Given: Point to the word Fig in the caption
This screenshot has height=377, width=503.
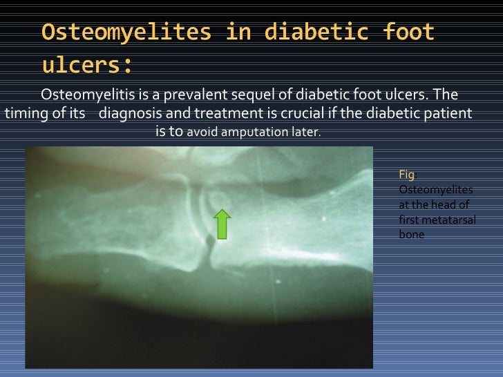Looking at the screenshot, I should tap(406, 175).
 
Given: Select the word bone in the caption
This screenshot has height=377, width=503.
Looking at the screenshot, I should tap(412, 235).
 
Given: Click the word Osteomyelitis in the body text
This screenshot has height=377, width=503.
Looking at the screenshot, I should tap(81, 95).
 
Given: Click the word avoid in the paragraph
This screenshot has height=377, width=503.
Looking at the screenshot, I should tap(202, 131).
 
